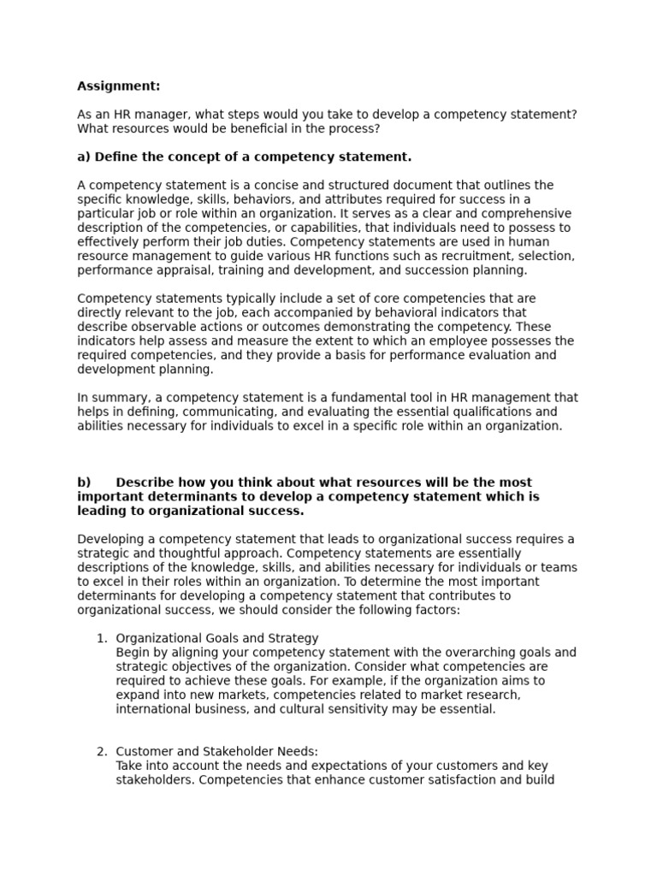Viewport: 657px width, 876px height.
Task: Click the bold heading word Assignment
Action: [118, 86]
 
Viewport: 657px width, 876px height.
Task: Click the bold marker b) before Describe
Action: [84, 482]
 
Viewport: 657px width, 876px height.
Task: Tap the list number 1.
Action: [101, 638]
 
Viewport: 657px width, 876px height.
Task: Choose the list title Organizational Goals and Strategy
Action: [216, 638]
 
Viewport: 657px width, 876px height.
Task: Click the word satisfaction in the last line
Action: [463, 780]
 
